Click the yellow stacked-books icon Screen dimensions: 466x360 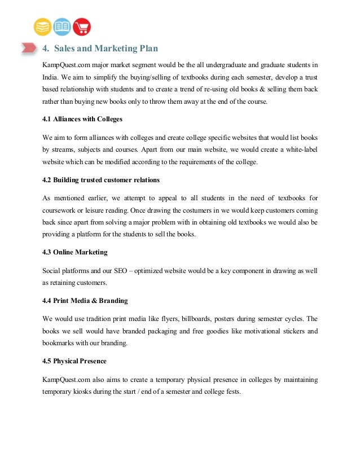click(x=42, y=27)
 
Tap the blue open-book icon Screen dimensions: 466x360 click(x=62, y=27)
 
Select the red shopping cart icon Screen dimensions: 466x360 click(x=82, y=27)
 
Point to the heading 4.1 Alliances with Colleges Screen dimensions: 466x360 click(x=82, y=119)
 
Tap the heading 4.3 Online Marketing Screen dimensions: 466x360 click(x=74, y=252)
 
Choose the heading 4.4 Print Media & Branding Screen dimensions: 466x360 click(x=85, y=300)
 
